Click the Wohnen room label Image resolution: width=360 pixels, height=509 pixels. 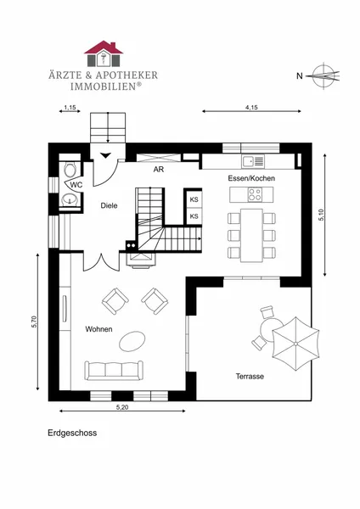pyautogui.click(x=98, y=329)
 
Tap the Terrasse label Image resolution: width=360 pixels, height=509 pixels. pyautogui.click(x=250, y=377)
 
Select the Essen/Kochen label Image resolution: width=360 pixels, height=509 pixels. pyautogui.click(x=251, y=178)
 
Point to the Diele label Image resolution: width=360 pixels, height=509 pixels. pyautogui.click(x=109, y=205)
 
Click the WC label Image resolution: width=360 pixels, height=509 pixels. pyautogui.click(x=76, y=185)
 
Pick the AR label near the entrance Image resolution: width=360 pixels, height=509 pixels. pyautogui.click(x=159, y=170)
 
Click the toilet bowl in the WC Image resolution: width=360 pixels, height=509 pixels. pyautogui.click(x=70, y=169)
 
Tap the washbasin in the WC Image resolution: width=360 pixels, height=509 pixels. pyautogui.click(x=70, y=199)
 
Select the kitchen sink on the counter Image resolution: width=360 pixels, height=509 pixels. pyautogui.click(x=253, y=161)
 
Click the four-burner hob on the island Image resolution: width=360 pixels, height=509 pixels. pyautogui.click(x=255, y=195)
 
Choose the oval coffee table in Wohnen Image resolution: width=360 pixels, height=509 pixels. pyautogui.click(x=132, y=341)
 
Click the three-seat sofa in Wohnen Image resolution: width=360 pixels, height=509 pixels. pyautogui.click(x=114, y=371)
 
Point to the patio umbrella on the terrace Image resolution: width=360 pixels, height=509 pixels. pyautogui.click(x=295, y=344)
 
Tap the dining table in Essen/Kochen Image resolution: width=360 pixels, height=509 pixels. pyautogui.click(x=251, y=235)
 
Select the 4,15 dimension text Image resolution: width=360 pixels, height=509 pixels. pyautogui.click(x=252, y=107)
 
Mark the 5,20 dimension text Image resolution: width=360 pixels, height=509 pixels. pyautogui.click(x=122, y=407)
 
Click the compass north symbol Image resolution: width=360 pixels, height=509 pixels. pyautogui.click(x=323, y=76)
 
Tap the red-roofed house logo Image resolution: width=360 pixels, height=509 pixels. pyautogui.click(x=104, y=53)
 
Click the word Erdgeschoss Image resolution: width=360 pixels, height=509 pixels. pyautogui.click(x=72, y=433)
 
